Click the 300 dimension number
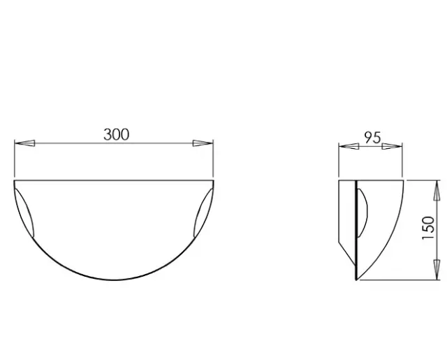[x=117, y=135]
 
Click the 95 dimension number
[x=372, y=138]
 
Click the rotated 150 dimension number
[x=428, y=228]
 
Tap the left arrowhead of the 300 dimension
[x=24, y=143]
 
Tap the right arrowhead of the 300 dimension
[x=203, y=143]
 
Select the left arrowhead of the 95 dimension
[x=349, y=146]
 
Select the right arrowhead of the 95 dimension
[x=392, y=146]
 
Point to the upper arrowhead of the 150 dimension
[x=436, y=191]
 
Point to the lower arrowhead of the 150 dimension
[x=436, y=270]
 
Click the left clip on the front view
[x=25, y=213]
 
